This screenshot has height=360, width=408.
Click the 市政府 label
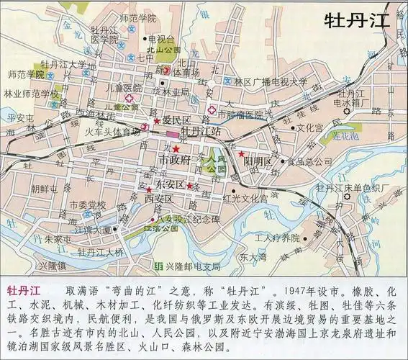tap(174, 159)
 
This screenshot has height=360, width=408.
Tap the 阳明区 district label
tap(257, 161)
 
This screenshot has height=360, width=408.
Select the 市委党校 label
tap(88, 205)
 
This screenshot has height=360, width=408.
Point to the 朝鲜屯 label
tap(43, 189)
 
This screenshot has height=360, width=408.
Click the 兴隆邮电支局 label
tap(194, 266)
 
